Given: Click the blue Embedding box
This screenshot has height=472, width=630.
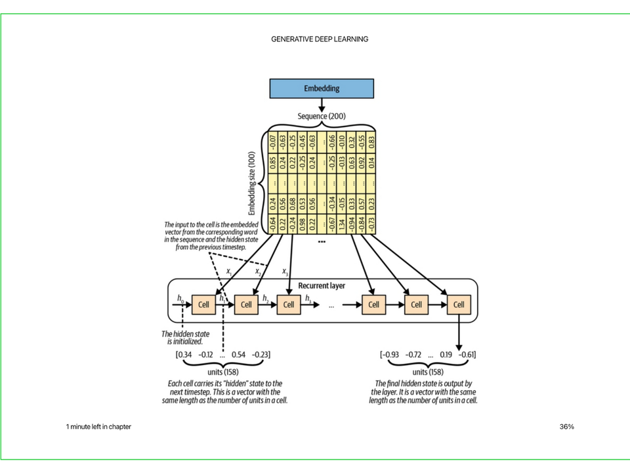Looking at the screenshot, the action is [322, 88].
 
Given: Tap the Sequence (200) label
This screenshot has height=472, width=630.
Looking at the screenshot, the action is [322, 116].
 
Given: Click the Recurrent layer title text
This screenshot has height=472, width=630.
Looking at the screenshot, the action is [322, 286].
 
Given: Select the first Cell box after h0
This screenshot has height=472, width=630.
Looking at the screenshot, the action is [204, 304].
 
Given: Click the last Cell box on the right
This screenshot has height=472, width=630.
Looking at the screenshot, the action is [459, 304].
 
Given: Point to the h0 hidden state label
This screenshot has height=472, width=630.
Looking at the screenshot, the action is [180, 299].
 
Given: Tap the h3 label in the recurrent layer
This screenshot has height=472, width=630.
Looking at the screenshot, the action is [308, 299].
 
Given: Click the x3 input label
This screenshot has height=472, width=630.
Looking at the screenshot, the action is [285, 271].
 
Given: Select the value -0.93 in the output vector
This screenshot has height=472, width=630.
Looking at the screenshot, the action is [392, 355].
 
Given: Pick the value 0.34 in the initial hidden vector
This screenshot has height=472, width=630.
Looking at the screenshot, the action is [186, 355].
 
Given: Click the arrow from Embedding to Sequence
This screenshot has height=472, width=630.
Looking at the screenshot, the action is [322, 105].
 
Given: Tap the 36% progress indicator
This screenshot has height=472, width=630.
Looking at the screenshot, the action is [567, 427].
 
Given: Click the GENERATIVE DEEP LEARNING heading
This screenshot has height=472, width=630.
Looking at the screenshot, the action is [320, 39].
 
